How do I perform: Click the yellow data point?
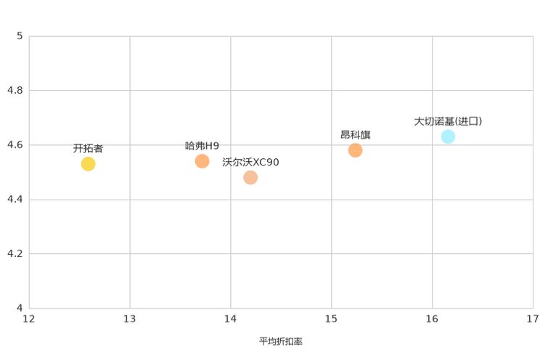coord(88,163)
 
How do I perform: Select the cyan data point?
coord(448,136)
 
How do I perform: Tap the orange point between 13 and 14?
coord(202,160)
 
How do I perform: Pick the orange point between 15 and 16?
coord(355,151)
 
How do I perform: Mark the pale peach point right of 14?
coord(250,177)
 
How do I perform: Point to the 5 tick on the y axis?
coord(20,36)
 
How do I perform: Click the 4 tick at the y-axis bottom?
coord(20,308)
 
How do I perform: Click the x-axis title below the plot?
coord(281,340)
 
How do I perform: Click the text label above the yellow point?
coord(88,146)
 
